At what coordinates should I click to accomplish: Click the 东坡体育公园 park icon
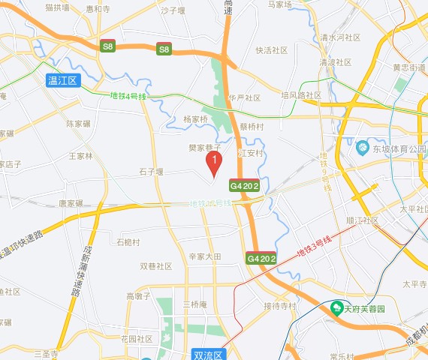[x=362, y=148]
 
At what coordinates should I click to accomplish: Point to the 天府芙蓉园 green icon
[x=337, y=308]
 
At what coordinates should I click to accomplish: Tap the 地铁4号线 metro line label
[x=126, y=96]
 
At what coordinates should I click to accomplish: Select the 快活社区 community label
[x=272, y=51]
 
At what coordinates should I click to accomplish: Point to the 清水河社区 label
[x=340, y=37]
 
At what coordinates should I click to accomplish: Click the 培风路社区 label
[x=301, y=95]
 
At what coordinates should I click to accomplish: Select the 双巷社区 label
[x=156, y=266]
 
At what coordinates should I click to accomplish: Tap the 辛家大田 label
[x=205, y=256]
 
